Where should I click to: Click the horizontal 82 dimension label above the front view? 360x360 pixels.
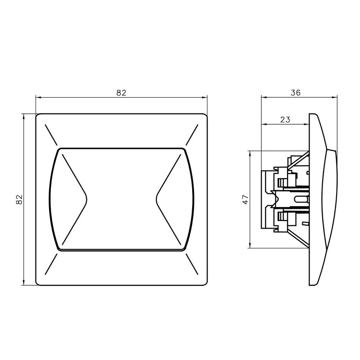tap(121, 93)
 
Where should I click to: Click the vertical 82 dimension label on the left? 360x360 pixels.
tap(19, 199)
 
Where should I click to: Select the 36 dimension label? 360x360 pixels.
tap(296, 93)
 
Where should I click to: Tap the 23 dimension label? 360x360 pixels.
tap(285, 119)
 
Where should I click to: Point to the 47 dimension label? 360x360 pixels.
tap(245, 199)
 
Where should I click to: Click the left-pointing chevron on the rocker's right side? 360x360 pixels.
tap(168, 199)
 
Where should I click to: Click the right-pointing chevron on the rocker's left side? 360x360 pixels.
tap(75, 199)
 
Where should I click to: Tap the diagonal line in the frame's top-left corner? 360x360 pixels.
tap(51, 135)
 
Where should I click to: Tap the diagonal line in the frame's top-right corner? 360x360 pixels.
tap(192, 135)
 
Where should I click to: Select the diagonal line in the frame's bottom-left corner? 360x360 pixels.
tap(51, 264)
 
